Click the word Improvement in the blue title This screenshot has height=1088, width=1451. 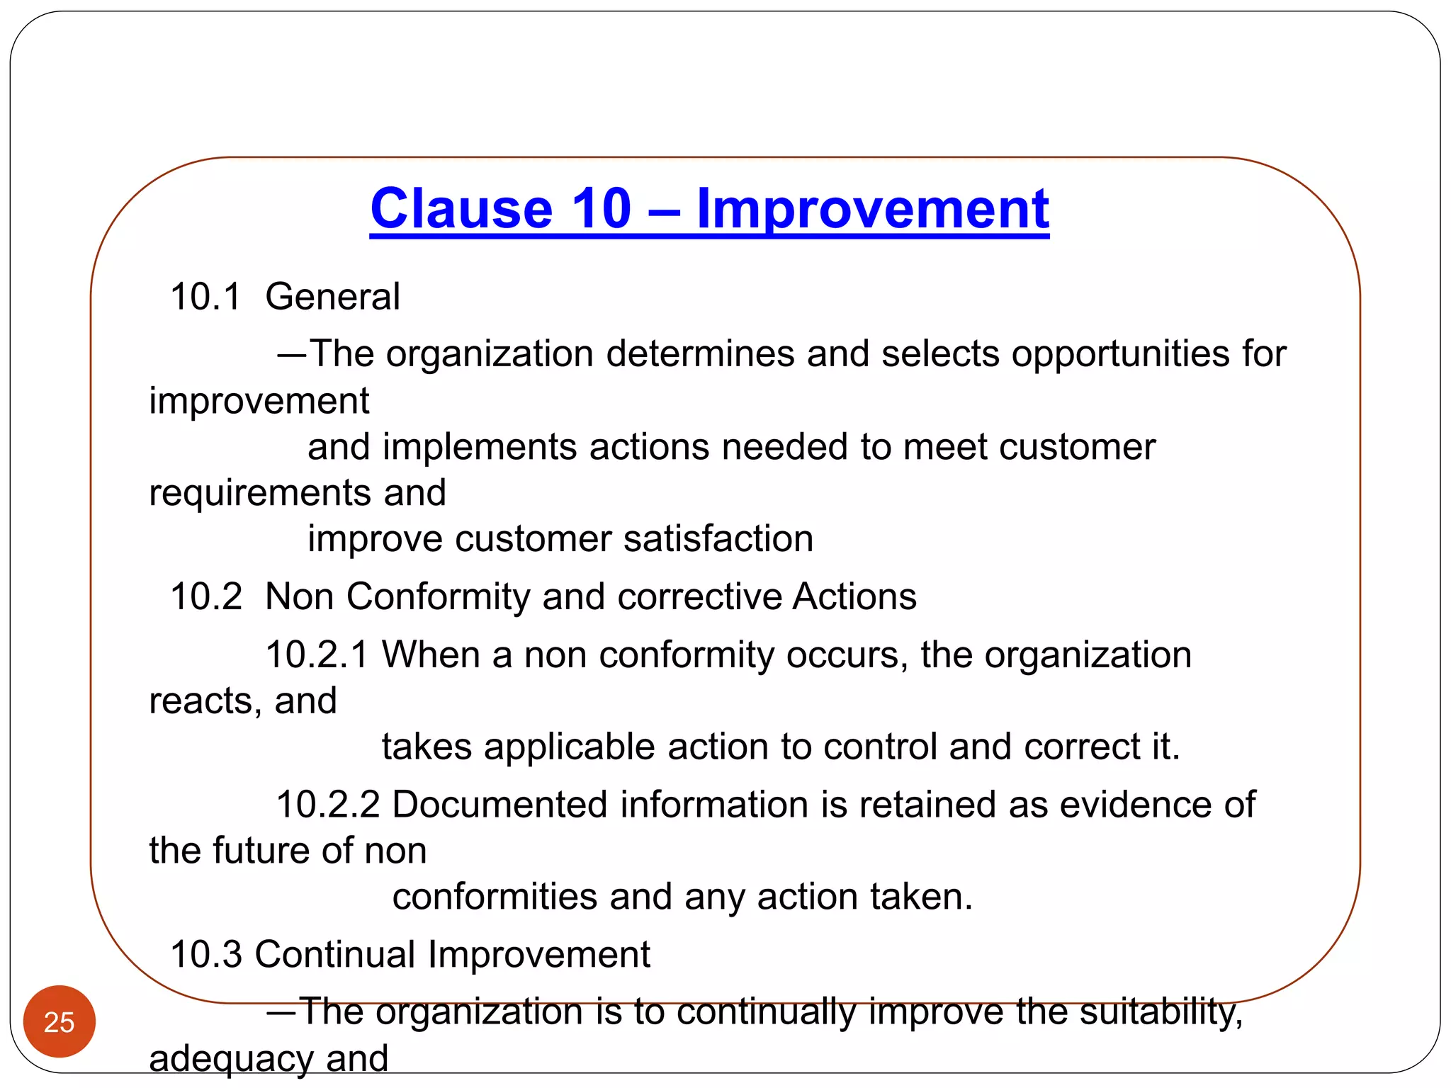coord(872,209)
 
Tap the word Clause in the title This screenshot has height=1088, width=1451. coord(461,209)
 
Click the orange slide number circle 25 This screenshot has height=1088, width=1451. coord(60,1021)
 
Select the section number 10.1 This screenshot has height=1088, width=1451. coord(205,296)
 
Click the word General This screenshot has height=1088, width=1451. coord(332,296)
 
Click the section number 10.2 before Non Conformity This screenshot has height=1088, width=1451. coord(205,596)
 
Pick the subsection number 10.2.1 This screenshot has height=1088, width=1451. coord(317,654)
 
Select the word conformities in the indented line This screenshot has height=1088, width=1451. coord(495,897)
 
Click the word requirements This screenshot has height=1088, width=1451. coord(260,494)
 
